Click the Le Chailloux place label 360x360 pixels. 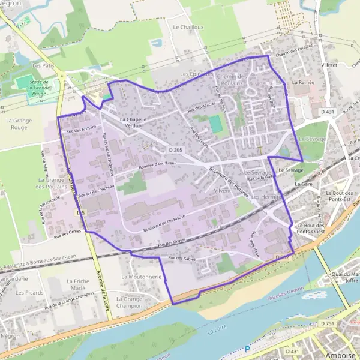click(185, 27)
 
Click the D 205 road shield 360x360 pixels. click(175, 149)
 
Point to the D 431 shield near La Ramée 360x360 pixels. click(327, 112)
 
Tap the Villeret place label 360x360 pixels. click(329, 64)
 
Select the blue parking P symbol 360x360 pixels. click(247, 347)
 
